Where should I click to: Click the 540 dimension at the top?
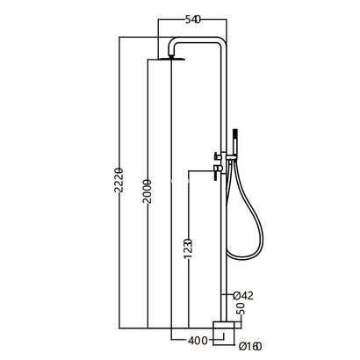[x=193, y=20]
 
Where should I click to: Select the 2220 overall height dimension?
[x=118, y=180]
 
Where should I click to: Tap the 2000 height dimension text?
[x=147, y=191]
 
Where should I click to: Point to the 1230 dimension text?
[x=188, y=248]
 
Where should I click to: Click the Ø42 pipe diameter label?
[x=243, y=296]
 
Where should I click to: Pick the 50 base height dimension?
[x=241, y=308]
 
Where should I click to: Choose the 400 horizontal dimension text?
[x=198, y=341]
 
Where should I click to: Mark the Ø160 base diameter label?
[x=250, y=346]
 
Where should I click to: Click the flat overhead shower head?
[x=172, y=59]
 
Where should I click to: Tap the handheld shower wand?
[x=235, y=142]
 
